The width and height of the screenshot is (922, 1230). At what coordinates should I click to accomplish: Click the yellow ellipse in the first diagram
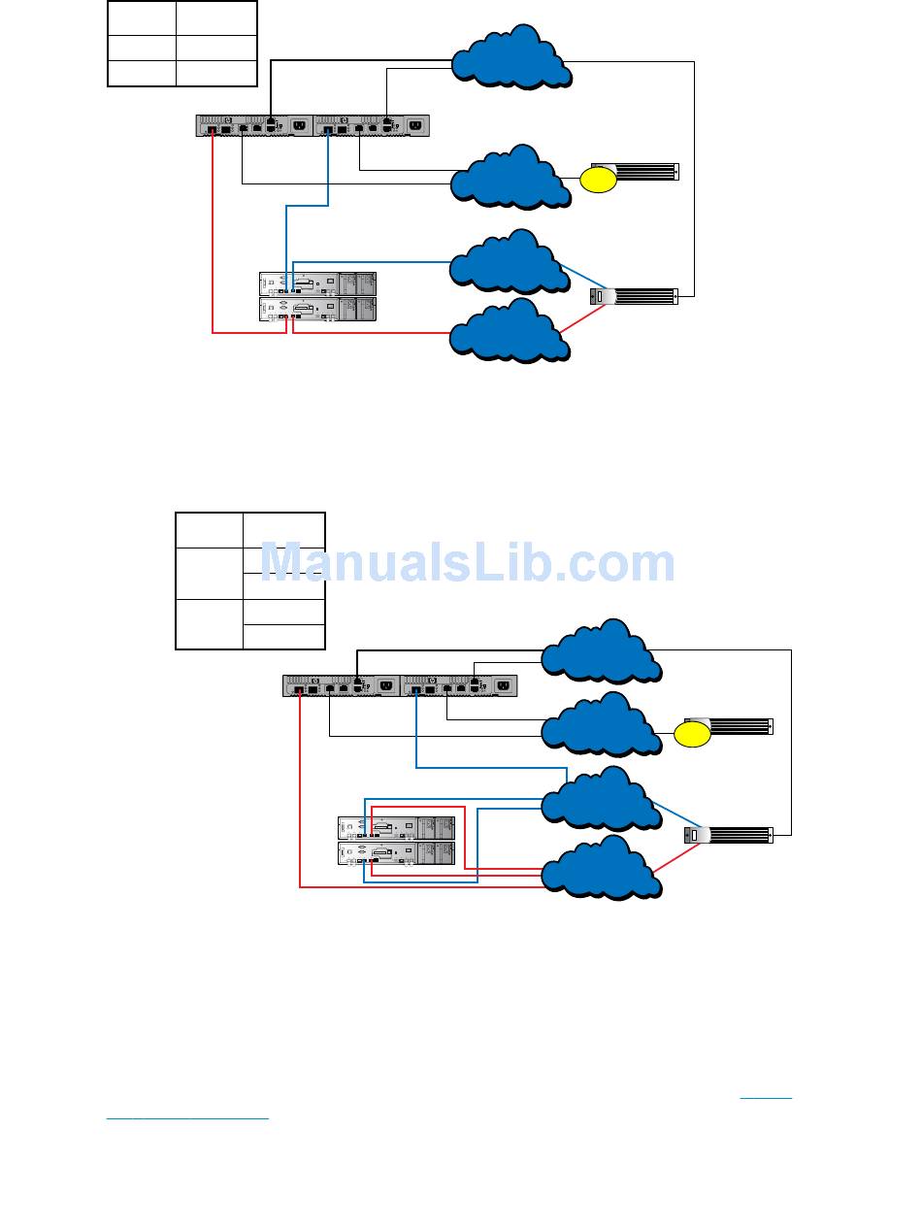point(599,180)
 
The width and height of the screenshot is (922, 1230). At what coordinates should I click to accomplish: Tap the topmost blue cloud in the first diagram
point(510,57)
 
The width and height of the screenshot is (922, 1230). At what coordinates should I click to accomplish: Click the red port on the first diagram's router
point(213,128)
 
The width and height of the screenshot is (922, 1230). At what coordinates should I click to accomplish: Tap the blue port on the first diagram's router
point(330,128)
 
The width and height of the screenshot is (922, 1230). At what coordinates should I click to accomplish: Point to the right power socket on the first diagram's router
point(416,125)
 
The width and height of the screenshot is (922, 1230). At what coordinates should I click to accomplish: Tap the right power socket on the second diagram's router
point(503,685)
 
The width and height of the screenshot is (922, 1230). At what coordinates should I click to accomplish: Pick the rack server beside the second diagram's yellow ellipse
point(741,726)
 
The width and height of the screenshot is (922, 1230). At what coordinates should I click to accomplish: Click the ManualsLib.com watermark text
point(468,563)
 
